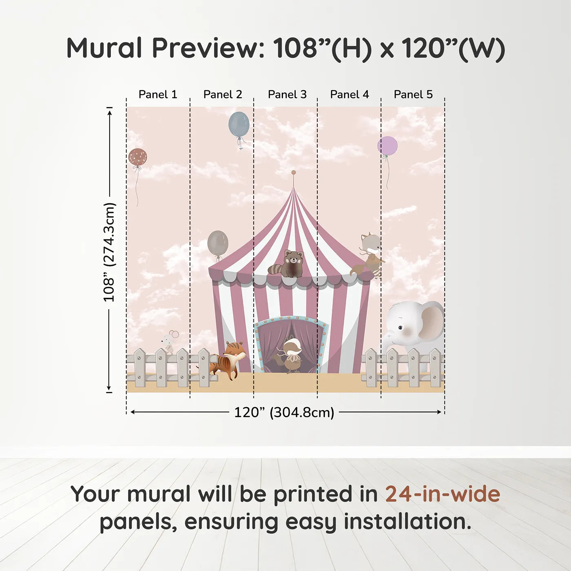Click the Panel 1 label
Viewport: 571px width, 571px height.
click(x=158, y=94)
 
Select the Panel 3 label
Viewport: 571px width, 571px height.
click(x=287, y=94)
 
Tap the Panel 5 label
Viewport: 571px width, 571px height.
click(x=413, y=94)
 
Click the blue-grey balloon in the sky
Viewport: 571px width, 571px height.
click(x=239, y=124)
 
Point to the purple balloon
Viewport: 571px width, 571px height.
click(x=387, y=146)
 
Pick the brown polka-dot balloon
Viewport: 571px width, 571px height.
click(x=137, y=157)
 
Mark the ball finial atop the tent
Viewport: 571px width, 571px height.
click(x=293, y=173)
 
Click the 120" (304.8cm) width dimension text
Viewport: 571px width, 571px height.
click(x=284, y=412)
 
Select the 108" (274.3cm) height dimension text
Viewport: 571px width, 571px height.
click(x=109, y=252)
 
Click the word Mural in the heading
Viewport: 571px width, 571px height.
click(x=104, y=48)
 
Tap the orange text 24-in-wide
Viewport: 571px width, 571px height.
click(x=443, y=494)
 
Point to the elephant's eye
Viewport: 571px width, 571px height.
click(x=401, y=328)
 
